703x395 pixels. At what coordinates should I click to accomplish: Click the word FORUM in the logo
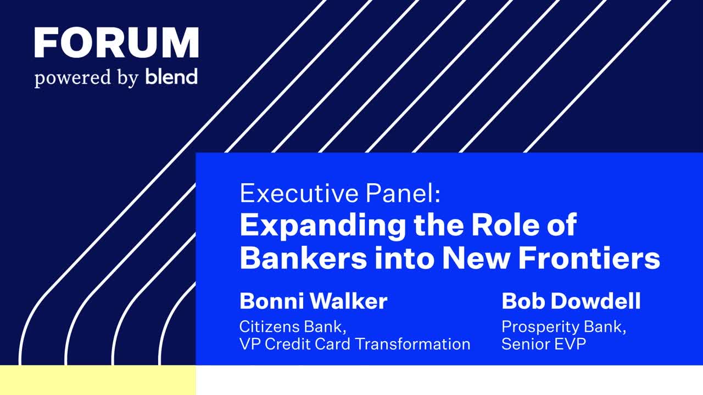116,43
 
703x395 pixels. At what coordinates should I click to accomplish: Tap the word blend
171,76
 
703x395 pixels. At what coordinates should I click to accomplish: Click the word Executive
299,194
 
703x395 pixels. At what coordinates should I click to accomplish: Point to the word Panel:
403,194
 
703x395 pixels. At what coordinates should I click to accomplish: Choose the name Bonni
271,301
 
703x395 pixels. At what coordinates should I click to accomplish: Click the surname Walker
349,301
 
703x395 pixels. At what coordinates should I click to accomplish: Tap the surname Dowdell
596,301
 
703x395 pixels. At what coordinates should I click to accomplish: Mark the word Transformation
413,344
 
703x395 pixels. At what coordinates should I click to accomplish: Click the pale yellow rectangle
98,380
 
